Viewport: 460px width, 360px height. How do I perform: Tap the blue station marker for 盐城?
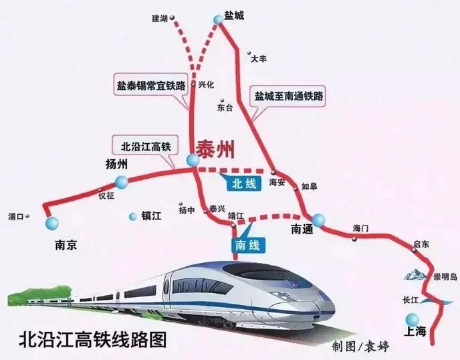point(219,21)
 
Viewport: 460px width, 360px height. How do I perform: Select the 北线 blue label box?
point(238,181)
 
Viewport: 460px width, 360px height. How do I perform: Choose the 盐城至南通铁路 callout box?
point(289,96)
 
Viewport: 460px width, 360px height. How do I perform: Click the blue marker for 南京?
point(51,223)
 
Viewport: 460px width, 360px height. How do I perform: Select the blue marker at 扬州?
point(121,181)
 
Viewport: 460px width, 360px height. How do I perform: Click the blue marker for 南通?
point(318,219)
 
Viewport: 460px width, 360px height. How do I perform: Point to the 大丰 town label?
point(259,58)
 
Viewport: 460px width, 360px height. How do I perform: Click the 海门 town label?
point(360,229)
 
